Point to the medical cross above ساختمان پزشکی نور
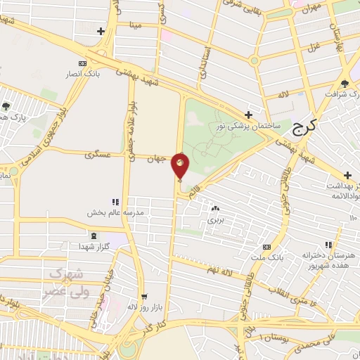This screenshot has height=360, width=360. coord(248,114)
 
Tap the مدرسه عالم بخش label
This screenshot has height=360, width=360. coord(115,212)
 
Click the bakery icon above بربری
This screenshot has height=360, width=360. coord(214,209)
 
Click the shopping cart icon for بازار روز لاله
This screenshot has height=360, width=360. coord(144,297)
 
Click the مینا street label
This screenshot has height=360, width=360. coord(135,26)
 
